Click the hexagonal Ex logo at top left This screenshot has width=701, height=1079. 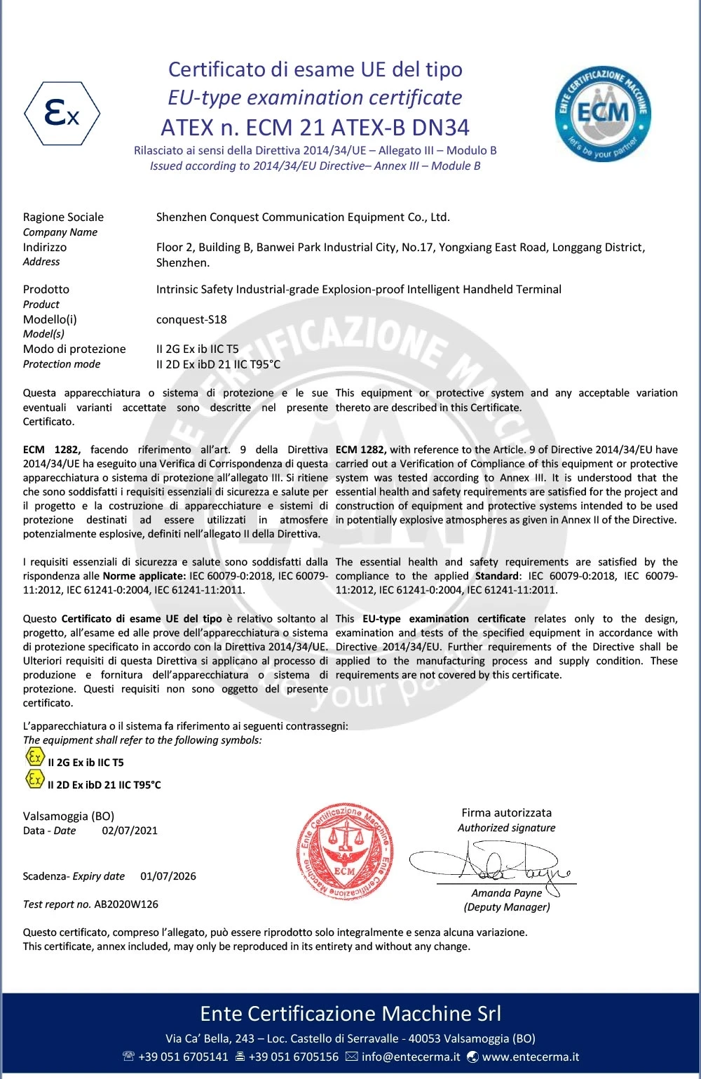(x=62, y=113)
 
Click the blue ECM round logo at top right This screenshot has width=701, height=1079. (x=603, y=112)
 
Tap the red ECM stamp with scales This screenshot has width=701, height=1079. (x=345, y=853)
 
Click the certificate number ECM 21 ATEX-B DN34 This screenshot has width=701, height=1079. (x=315, y=128)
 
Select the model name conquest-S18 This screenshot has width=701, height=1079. (x=191, y=319)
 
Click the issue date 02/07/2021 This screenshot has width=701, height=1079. (x=130, y=831)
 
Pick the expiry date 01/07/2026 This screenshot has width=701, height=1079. (x=168, y=876)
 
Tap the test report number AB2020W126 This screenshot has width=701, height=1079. (x=126, y=904)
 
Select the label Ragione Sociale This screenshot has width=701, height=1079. (x=63, y=217)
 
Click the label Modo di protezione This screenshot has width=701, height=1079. (x=74, y=349)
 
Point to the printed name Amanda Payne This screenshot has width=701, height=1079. (x=507, y=893)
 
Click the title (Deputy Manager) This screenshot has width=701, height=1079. (x=507, y=907)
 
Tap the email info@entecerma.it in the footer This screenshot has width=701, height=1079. (x=411, y=1057)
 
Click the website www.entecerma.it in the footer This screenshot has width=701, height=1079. (x=531, y=1057)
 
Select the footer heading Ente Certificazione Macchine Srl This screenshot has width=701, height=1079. (x=350, y=1014)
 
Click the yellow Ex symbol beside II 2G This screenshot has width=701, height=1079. (x=34, y=757)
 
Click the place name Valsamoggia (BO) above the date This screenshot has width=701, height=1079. (x=69, y=816)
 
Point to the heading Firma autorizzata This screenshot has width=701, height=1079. (x=506, y=813)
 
